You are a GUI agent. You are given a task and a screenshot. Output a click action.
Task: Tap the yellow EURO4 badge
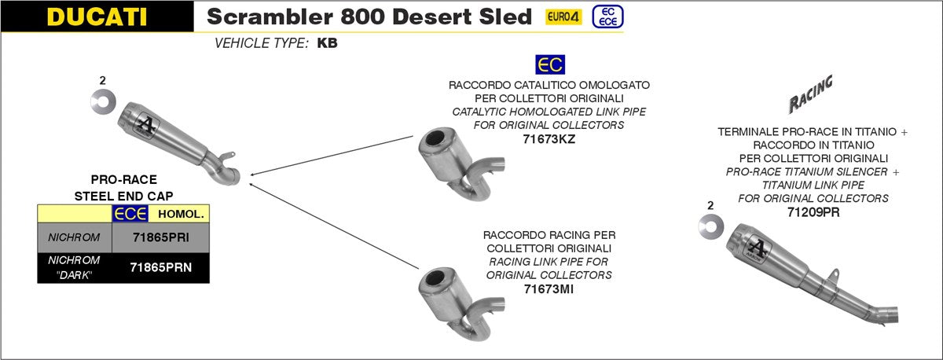pyautogui.click(x=563, y=17)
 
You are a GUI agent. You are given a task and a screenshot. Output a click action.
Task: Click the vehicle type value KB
pyautogui.click(x=327, y=43)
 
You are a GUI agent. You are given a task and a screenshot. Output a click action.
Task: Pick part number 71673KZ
pyautogui.click(x=549, y=139)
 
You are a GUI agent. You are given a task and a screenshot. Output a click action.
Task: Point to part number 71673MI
pyautogui.click(x=549, y=289)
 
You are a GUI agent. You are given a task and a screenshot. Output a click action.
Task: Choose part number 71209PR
pyautogui.click(x=813, y=211)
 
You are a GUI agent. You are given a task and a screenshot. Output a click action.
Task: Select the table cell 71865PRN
pyautogui.click(x=160, y=267)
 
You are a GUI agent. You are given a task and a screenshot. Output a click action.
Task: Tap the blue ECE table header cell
pyautogui.click(x=126, y=214)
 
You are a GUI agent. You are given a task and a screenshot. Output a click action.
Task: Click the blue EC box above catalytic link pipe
pyautogui.click(x=549, y=64)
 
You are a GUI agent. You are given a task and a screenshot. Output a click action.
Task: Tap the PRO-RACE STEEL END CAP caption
pyautogui.click(x=123, y=187)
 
